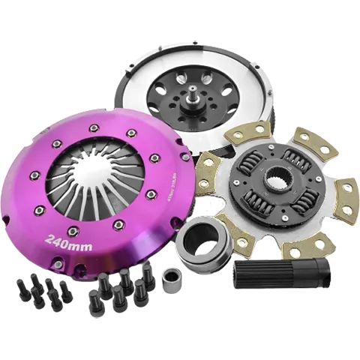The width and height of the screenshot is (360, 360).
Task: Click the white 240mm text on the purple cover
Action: [68, 241]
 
